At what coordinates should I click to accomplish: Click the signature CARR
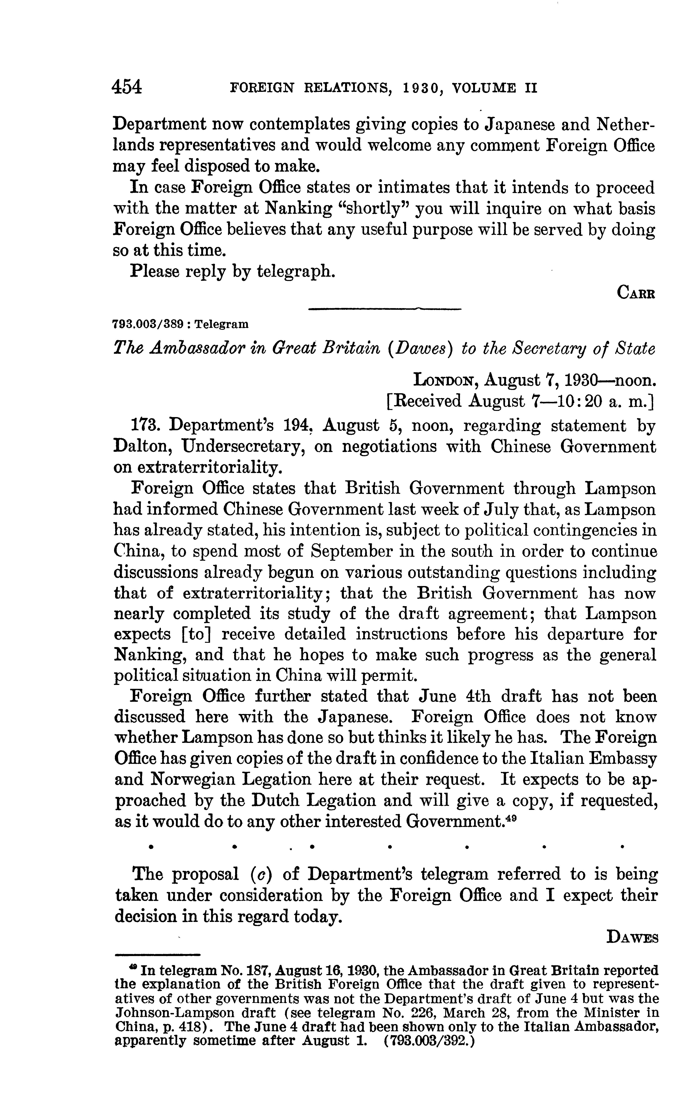point(635,293)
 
